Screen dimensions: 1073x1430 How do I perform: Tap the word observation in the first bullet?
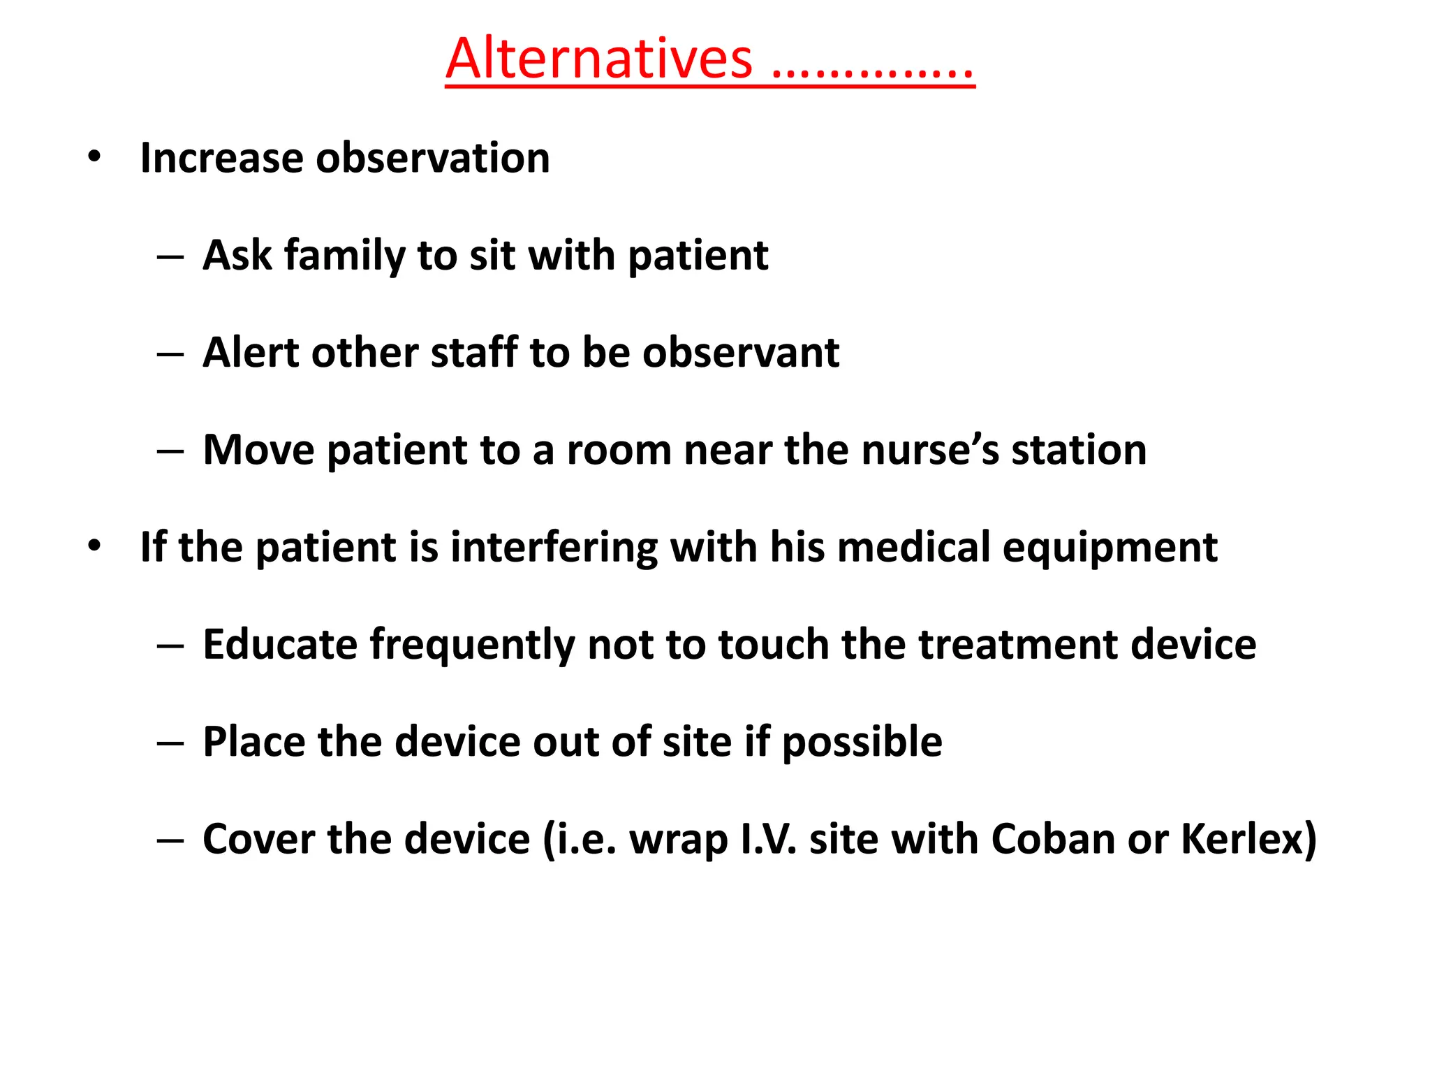432,158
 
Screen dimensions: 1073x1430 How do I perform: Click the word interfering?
554,546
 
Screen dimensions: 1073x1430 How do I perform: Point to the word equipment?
1110,548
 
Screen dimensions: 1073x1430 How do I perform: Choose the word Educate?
280,643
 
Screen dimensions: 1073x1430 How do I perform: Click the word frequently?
472,645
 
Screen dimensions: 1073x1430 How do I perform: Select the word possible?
862,742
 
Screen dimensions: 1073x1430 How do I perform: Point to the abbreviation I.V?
767,838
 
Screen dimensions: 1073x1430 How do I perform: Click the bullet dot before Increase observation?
94,156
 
